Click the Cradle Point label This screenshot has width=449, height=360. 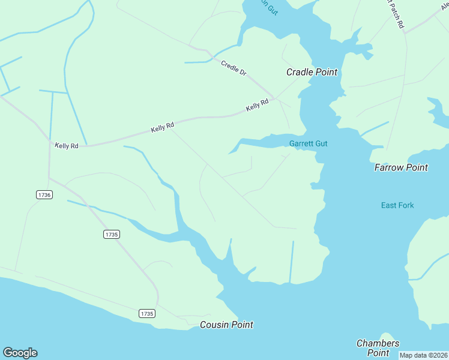coord(312,72)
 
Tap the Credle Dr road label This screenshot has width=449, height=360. coord(234,68)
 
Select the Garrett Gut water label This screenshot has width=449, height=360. coord(308,143)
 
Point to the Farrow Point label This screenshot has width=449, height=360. coord(401,167)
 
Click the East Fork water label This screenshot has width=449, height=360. coord(397,205)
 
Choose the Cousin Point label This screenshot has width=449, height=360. coord(226,325)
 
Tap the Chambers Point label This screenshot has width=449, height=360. coord(378,347)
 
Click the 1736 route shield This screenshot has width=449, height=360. coord(44,194)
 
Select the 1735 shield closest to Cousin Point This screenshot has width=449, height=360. coord(147,313)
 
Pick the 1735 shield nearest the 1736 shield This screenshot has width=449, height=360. coord(112,234)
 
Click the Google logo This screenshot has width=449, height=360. coord(20,353)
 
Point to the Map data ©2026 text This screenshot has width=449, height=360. coord(424,355)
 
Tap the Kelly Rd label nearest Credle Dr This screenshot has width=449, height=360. coord(257,106)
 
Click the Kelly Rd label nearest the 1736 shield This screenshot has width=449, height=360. coord(67,146)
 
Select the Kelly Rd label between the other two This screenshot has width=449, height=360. coord(162,127)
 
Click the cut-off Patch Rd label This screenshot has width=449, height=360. coord(396,14)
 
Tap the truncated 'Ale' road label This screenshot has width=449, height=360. coord(444,8)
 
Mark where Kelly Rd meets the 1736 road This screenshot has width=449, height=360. coord(49,142)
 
